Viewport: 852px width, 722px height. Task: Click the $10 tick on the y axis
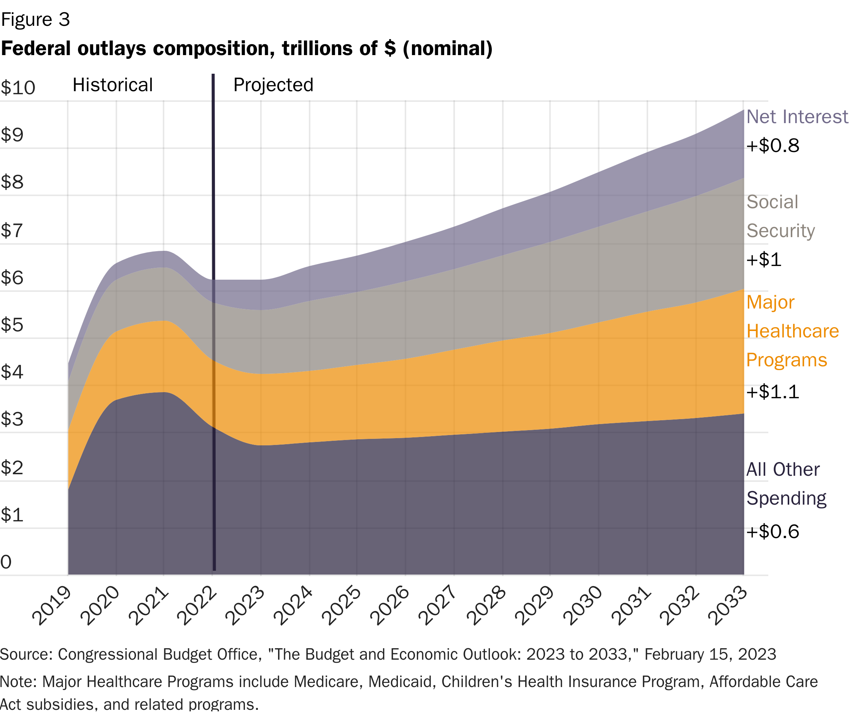point(18,87)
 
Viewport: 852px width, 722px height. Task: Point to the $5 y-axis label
point(12,325)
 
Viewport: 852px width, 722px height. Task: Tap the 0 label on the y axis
point(6,562)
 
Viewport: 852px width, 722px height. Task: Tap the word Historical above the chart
point(113,85)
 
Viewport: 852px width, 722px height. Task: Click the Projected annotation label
point(273,85)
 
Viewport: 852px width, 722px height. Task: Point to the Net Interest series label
point(797,117)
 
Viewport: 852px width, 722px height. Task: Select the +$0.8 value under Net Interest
point(773,146)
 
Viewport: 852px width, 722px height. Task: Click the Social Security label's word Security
point(780,231)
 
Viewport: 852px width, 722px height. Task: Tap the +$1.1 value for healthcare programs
point(773,392)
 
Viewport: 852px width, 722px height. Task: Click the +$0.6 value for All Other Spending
point(773,532)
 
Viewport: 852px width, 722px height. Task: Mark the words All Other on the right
point(783,469)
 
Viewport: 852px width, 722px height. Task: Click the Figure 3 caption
point(36,20)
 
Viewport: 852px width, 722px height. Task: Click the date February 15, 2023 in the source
point(710,654)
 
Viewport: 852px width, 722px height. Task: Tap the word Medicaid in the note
point(400,682)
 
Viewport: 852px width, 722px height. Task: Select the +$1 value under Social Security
point(764,260)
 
